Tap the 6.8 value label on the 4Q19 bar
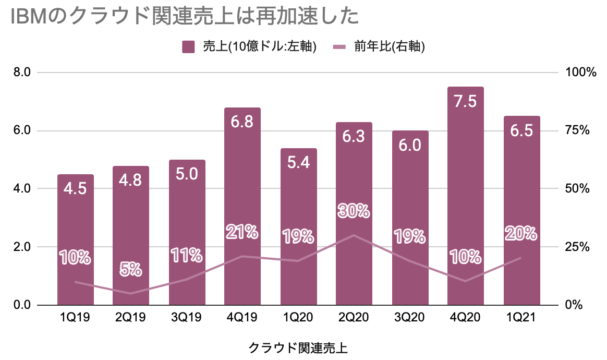242,122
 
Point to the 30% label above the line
354,211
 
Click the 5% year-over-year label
131,269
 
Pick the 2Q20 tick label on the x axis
354,318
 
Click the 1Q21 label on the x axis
521,318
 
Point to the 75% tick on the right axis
577,130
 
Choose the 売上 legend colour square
188,46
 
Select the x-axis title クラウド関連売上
298,347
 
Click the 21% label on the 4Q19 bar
242,231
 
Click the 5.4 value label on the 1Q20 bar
298,162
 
